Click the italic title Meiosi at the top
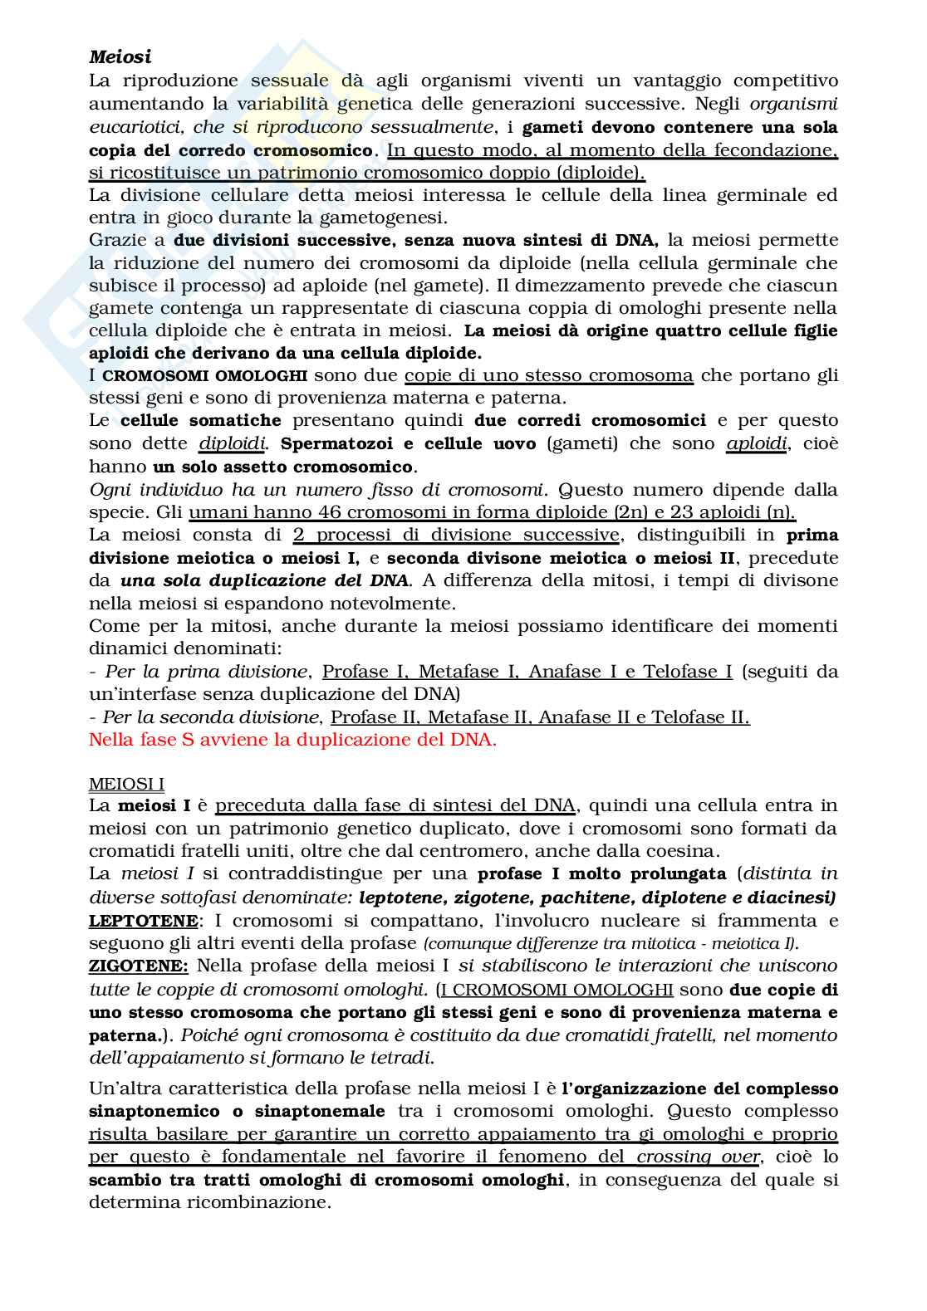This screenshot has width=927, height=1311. click(120, 57)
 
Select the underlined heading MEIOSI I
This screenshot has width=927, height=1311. click(126, 784)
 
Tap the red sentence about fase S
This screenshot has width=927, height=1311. click(292, 740)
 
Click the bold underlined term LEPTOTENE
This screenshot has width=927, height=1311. click(143, 920)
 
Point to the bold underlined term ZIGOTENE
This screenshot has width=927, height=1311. click(139, 966)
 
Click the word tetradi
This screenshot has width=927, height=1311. click(407, 1058)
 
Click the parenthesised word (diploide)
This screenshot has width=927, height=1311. click(600, 173)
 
